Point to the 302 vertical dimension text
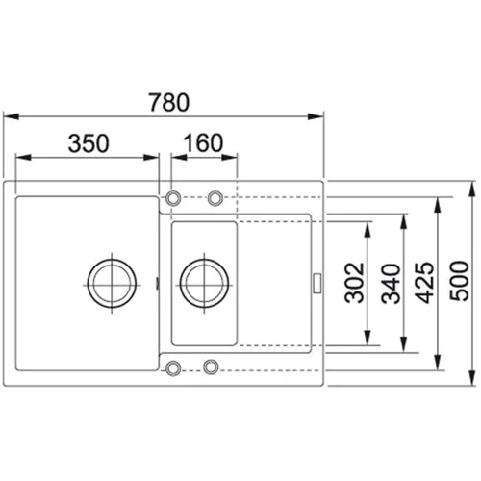point(352,283)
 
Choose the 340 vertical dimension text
point(390,283)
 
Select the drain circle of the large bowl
point(112,281)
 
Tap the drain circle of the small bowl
point(203,281)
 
